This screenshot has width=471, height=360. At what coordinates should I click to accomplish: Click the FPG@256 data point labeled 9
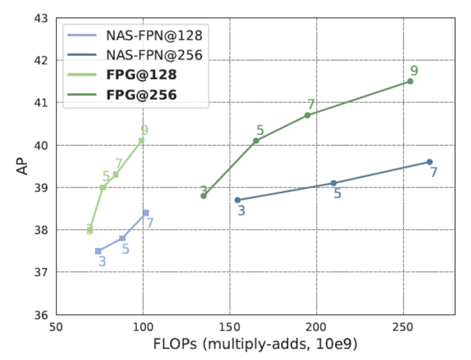pos(410,81)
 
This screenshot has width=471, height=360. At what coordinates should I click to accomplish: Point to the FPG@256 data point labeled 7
pos(307,115)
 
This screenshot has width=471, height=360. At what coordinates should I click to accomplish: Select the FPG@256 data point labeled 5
pos(256,141)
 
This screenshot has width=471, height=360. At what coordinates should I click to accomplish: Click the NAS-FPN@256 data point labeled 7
pos(429,162)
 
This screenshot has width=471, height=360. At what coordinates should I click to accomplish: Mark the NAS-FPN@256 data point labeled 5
pos(334,183)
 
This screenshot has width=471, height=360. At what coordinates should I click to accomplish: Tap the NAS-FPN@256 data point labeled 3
pos(237,200)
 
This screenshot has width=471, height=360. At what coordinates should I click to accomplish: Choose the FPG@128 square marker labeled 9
pos(142,141)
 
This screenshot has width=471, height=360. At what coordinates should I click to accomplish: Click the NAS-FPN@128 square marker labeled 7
pos(146,212)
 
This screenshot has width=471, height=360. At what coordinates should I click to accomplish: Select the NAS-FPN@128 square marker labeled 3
pos(98,251)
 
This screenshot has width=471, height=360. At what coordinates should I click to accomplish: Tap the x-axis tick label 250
pos(403,327)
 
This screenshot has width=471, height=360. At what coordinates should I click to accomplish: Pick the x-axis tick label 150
pos(230,327)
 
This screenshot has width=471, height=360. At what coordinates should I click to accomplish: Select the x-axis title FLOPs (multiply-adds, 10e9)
pos(255,344)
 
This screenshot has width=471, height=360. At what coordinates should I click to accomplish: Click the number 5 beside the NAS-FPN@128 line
pos(126,248)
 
